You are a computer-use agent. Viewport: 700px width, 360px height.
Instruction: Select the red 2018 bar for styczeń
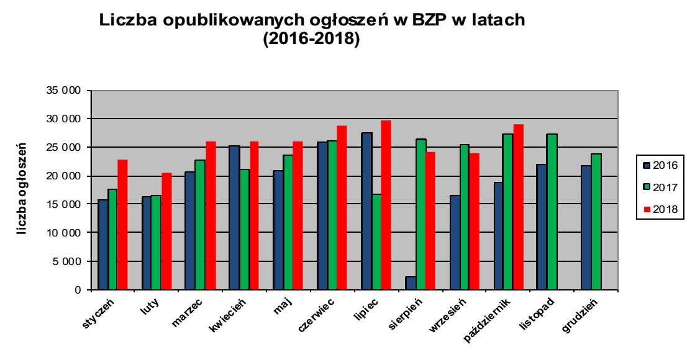point(122,225)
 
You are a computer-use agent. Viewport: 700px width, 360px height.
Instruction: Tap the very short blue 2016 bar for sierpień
point(410,283)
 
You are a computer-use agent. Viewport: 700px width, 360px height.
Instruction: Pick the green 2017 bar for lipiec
point(377,242)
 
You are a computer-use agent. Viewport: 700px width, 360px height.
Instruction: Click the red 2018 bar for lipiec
point(386,205)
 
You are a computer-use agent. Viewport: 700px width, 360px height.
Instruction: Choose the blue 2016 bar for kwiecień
point(234,217)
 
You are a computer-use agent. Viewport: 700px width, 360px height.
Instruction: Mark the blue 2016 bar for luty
point(147,243)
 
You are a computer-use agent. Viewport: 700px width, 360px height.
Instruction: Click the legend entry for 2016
point(660,164)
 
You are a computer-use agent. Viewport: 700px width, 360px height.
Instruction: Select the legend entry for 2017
point(660,187)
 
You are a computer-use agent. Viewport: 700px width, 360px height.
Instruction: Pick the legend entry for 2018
point(660,210)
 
